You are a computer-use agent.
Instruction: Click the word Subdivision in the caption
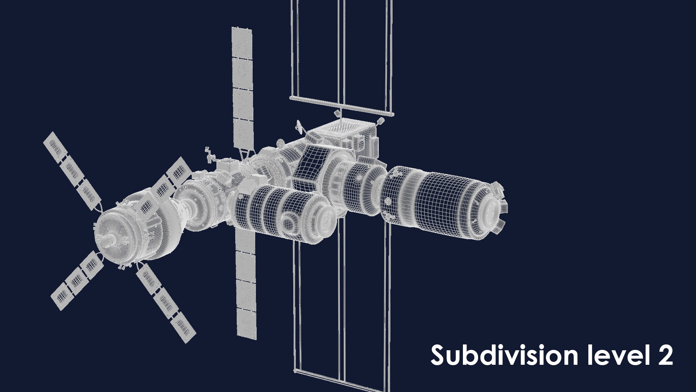[504, 356]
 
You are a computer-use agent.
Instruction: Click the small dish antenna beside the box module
[299, 126]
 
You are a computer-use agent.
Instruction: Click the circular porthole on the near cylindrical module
[289, 223]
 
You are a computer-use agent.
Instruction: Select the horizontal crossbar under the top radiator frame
[341, 105]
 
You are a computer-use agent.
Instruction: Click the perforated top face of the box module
[341, 129]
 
